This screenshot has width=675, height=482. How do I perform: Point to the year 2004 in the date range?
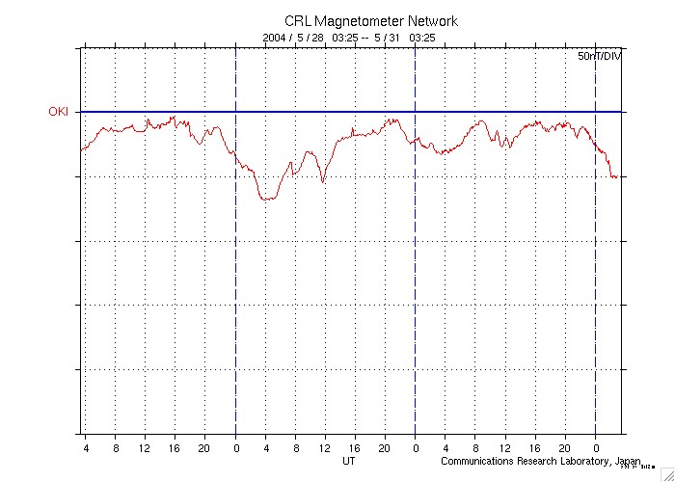[276, 38]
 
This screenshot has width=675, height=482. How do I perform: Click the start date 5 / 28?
[312, 38]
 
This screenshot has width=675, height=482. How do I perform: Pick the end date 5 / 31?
[388, 38]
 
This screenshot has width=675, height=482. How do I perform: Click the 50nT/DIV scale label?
[599, 58]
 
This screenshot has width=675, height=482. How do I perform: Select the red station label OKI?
[59, 112]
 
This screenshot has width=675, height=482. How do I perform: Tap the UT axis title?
[350, 461]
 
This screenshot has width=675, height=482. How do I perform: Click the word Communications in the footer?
[475, 461]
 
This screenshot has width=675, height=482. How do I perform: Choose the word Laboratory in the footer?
[585, 461]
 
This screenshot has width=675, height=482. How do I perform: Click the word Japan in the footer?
[628, 461]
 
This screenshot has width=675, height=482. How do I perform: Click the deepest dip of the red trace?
[266, 199]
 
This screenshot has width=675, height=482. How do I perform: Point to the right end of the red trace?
[617, 177]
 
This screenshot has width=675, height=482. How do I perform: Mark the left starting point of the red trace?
[80, 150]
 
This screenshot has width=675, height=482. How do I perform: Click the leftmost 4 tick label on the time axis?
[85, 447]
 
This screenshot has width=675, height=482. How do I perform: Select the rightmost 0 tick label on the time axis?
[596, 447]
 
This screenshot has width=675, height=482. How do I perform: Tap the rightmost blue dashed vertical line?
[596, 289]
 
